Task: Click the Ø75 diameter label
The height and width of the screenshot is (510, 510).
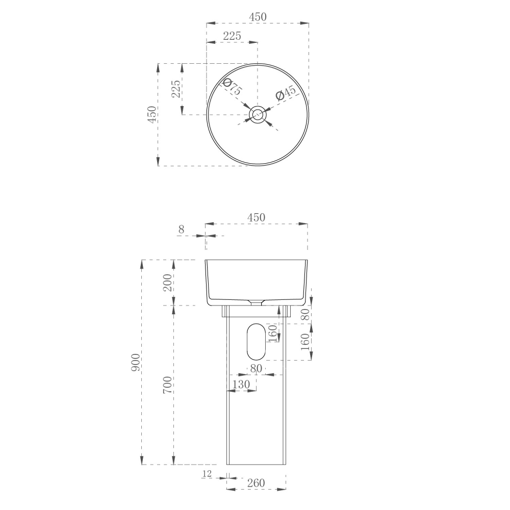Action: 232,87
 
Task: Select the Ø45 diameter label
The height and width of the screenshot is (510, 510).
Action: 286,93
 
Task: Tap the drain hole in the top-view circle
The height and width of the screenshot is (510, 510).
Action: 258,115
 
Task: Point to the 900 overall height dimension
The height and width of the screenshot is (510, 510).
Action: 136,362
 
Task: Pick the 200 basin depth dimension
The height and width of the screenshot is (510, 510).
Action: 167,283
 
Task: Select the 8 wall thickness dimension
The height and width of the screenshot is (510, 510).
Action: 181,229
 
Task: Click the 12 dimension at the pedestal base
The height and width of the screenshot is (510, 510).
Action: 207,474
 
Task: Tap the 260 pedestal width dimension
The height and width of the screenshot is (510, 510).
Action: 256,482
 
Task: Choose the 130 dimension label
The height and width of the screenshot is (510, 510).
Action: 241,384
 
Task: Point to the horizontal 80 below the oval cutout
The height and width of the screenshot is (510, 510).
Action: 256,368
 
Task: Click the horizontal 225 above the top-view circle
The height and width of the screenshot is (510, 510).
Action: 232,36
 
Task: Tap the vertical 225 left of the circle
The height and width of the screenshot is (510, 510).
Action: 175,89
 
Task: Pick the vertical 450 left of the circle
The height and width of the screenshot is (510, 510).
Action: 151,115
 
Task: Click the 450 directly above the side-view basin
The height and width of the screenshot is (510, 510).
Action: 256,217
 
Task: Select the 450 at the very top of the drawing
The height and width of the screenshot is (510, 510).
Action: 258,17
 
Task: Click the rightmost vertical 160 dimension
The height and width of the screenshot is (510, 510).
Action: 305,342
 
